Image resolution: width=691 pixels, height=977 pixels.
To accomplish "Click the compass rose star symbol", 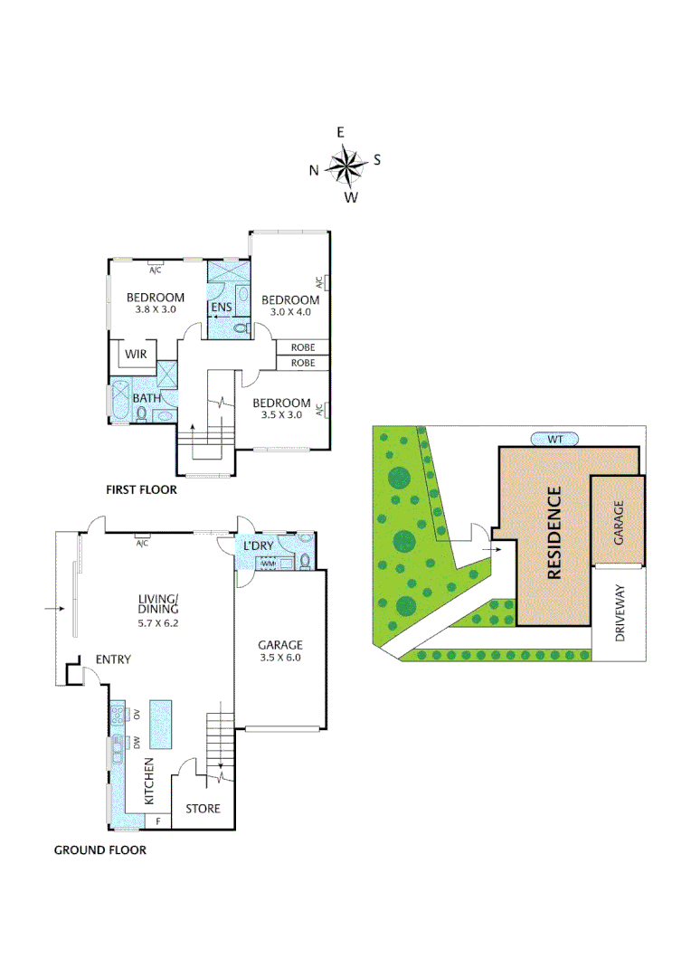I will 345,165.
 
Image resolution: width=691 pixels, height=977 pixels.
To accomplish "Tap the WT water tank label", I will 555,439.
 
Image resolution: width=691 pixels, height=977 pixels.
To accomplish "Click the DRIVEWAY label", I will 620,612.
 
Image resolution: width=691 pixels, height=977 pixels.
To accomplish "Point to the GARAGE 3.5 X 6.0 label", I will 279,651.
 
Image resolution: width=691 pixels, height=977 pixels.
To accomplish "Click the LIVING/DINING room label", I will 158,610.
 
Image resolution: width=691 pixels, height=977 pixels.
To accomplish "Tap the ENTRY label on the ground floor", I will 113,659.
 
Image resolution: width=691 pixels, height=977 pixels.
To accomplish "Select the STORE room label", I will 203,808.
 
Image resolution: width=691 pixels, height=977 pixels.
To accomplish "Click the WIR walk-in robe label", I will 136,355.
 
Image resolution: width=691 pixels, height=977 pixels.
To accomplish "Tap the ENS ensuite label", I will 222,308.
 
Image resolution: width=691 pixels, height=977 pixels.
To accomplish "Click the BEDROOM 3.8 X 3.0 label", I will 155,303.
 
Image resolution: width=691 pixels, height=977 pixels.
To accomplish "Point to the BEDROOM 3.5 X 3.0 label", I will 281,409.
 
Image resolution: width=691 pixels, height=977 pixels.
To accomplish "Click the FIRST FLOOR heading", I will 141,489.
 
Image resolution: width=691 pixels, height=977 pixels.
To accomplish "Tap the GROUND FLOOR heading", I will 99,849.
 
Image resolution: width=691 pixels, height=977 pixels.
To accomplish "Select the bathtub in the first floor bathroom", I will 119,403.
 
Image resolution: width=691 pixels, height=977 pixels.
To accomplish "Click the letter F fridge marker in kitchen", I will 158,821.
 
